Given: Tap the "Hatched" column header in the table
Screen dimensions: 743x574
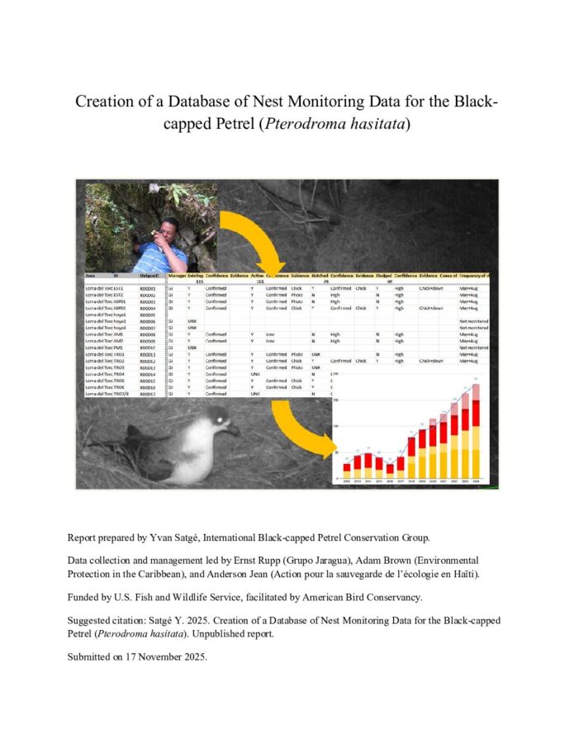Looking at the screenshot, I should [320, 275].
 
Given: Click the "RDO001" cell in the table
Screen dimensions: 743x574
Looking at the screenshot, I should [148, 288].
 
